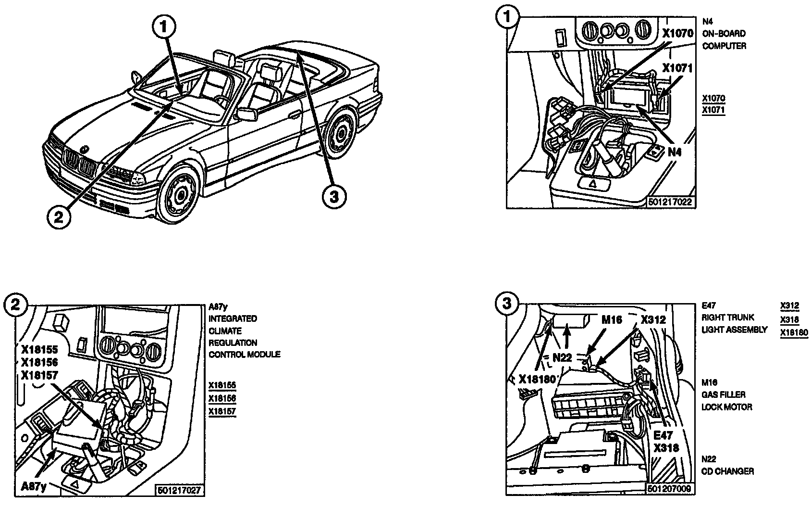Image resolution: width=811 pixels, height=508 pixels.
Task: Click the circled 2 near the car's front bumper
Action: pos(58,218)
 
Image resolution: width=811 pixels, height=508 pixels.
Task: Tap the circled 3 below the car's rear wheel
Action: pos(333,196)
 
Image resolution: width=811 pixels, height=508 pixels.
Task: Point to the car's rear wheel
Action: pos(341,132)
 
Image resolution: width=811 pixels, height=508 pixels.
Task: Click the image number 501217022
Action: pos(670,203)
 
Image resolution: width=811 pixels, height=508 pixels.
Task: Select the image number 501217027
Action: pos(179,490)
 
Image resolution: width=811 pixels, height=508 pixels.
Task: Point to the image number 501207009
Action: pos(669,489)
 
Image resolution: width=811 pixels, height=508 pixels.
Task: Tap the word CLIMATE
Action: pos(225,331)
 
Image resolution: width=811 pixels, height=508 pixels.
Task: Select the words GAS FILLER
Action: pos(724,394)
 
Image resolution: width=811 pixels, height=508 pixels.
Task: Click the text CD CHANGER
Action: pos(727,471)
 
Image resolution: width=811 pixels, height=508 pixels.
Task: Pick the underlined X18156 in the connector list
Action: pos(222,399)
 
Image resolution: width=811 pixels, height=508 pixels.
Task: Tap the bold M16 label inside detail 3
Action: pos(612,320)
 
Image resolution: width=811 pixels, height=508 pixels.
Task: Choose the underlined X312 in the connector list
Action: pos(789,305)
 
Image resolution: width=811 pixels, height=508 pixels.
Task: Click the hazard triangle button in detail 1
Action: pos(595,183)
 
